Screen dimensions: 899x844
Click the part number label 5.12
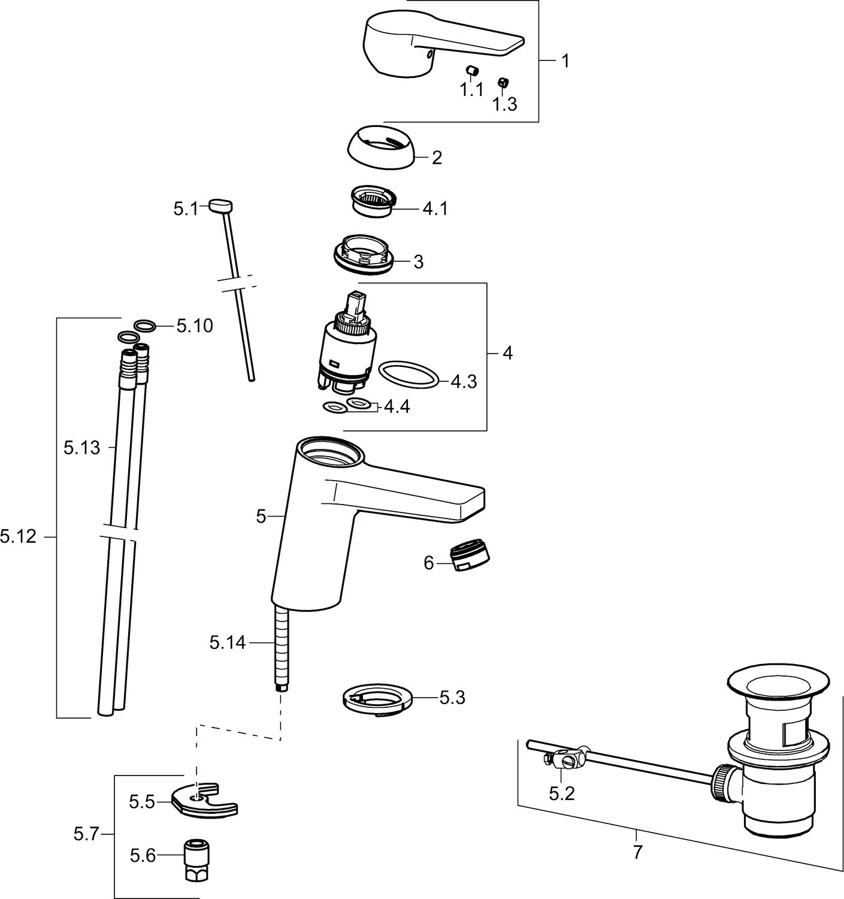(x=18, y=536)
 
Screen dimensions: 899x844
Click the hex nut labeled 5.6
(x=194, y=854)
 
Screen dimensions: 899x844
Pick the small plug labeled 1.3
(x=503, y=83)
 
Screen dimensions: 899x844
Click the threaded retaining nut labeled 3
(x=364, y=255)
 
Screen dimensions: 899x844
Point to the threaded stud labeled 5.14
(x=280, y=647)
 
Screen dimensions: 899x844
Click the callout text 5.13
(x=82, y=448)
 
